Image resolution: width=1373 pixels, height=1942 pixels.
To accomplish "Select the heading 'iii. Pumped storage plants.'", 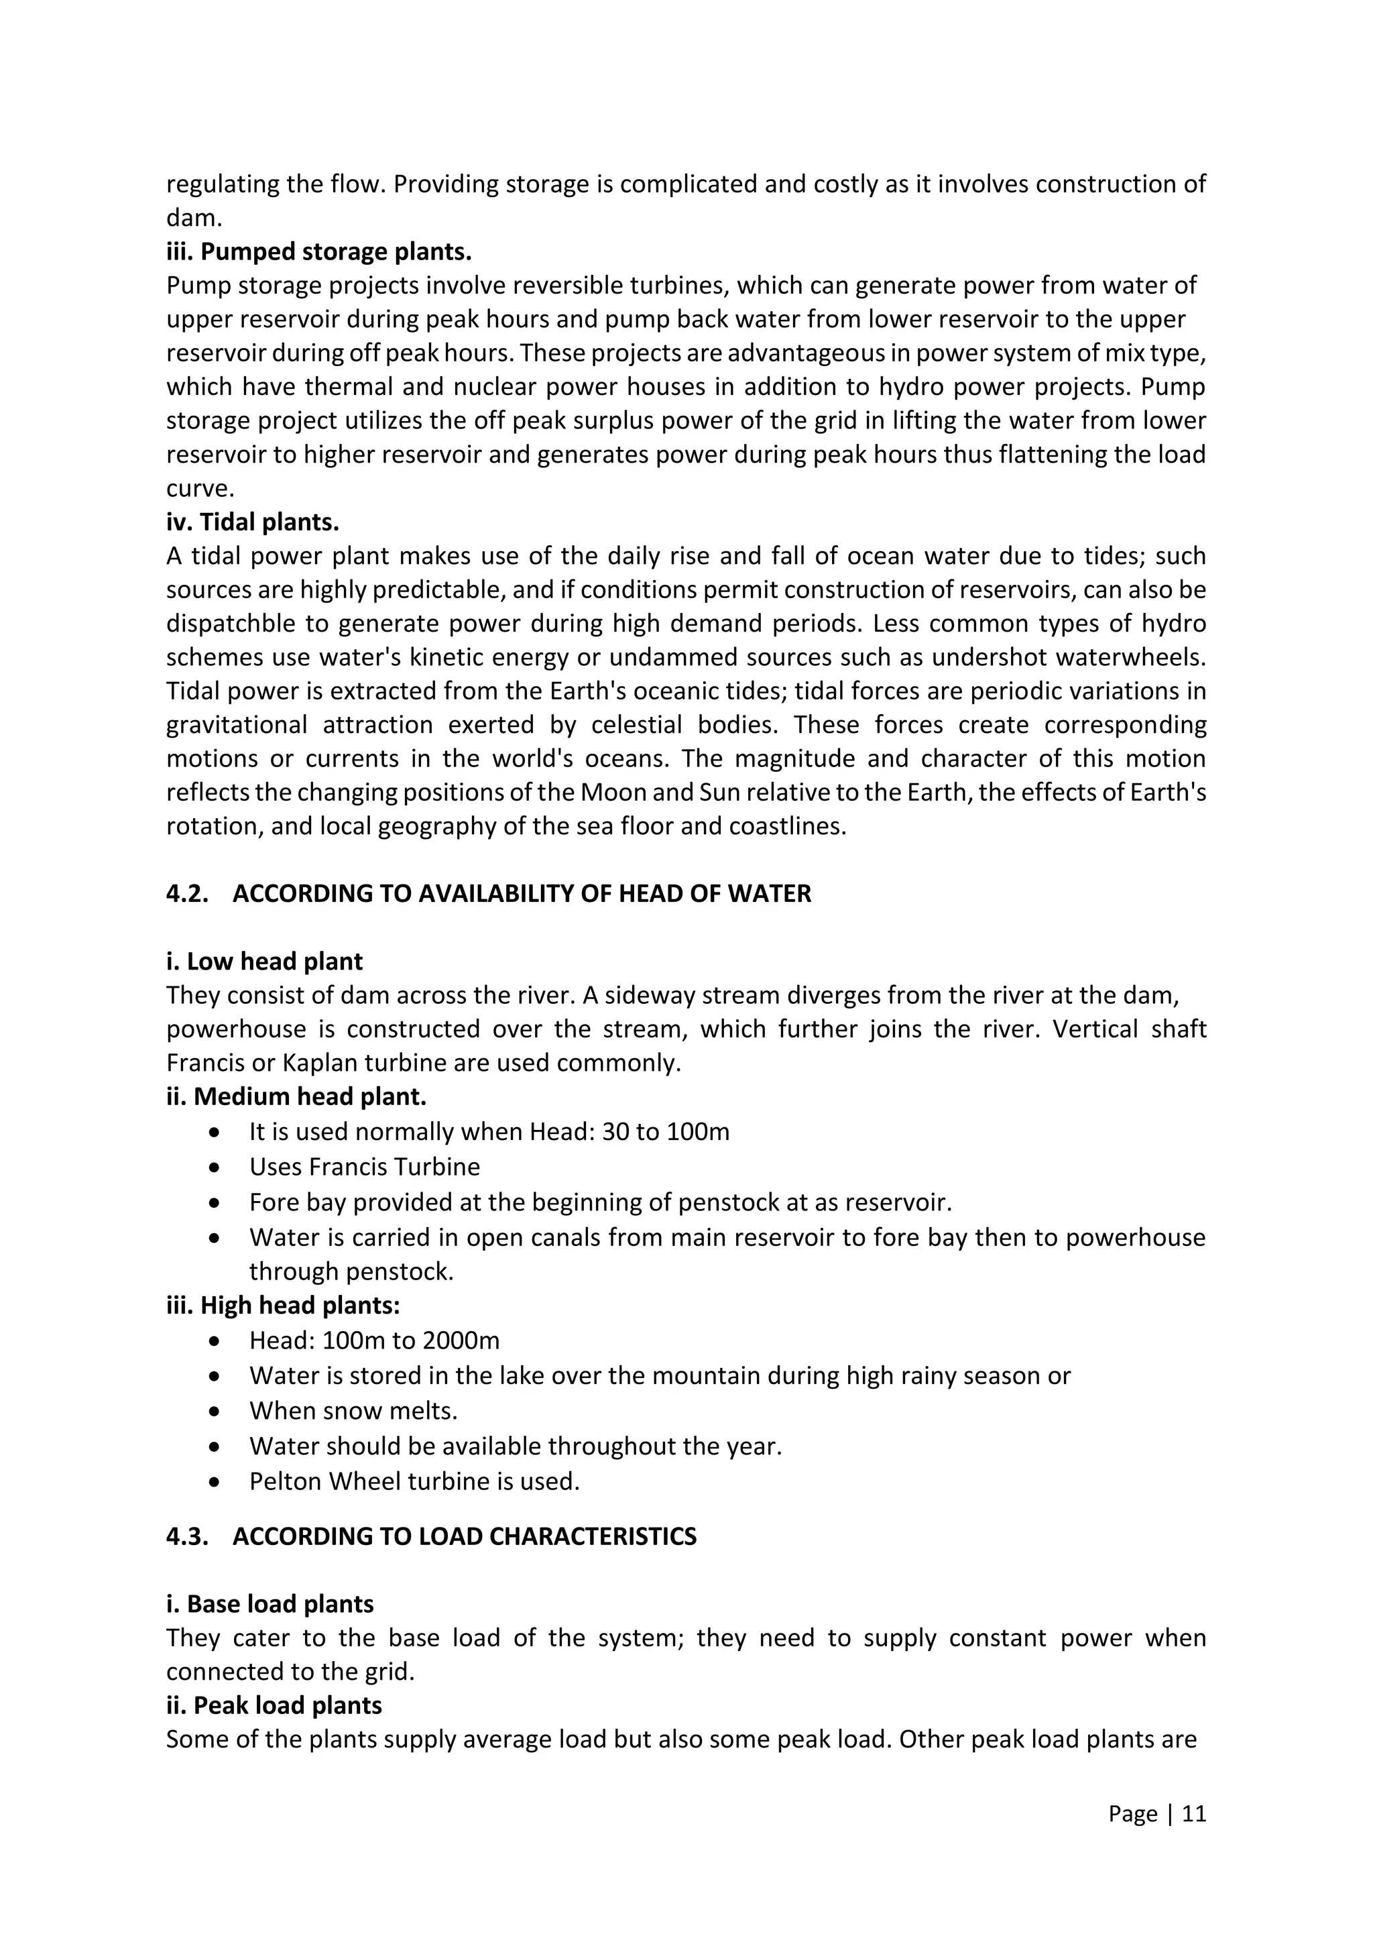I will tap(318, 252).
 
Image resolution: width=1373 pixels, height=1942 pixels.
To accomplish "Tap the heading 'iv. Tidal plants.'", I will tap(252, 522).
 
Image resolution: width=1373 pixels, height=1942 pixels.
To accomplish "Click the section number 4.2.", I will tap(187, 893).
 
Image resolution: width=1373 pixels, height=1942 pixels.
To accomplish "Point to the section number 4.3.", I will tap(187, 1536).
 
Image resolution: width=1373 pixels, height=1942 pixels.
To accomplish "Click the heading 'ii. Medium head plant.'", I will tap(296, 1097).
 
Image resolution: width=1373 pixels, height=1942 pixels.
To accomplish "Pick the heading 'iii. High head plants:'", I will tap(282, 1305).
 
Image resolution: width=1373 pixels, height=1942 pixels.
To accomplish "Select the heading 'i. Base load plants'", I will tap(269, 1605).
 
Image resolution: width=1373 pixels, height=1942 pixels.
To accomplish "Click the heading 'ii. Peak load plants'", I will tap(274, 1705).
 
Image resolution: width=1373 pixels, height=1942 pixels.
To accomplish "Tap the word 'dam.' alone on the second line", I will tap(194, 218).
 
